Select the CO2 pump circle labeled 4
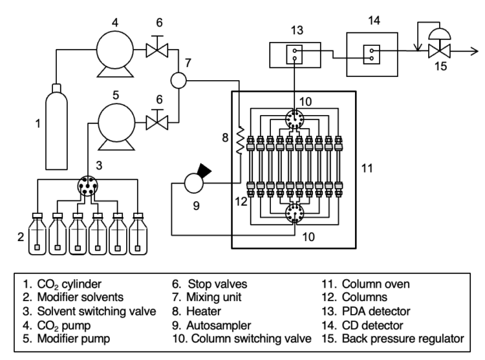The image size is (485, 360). (114, 49)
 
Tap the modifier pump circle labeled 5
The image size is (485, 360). (116, 122)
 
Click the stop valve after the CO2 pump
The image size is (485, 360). (157, 50)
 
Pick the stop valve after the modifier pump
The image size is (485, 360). (157, 122)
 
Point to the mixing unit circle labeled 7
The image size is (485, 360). (178, 80)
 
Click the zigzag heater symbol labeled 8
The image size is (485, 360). (240, 140)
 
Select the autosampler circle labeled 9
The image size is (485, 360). (194, 184)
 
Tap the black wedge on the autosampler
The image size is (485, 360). (204, 170)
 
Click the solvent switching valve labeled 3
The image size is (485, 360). (87, 186)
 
